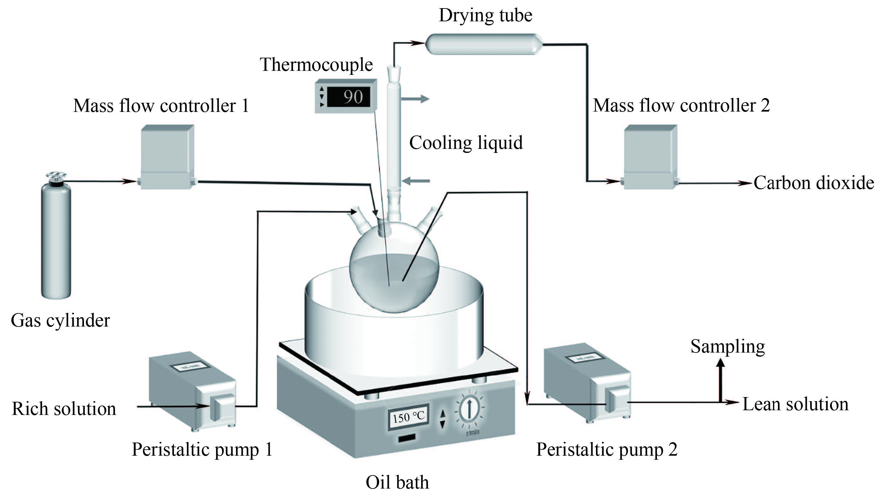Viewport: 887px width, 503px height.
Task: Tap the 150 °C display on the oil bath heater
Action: (409, 417)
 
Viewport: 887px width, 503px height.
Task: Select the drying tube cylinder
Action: (483, 44)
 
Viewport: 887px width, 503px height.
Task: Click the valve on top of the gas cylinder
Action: (56, 176)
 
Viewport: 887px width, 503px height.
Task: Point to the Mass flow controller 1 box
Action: (167, 157)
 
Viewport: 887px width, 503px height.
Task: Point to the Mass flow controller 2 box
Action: (650, 157)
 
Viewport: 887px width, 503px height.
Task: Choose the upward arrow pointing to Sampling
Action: (720, 380)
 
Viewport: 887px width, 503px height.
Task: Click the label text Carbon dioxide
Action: (813, 183)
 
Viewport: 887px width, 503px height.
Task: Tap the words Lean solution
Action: (795, 404)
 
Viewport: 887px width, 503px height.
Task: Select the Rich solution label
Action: (64, 409)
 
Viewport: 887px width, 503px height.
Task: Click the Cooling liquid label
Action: (466, 143)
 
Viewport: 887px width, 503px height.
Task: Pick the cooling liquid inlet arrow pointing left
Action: (416, 181)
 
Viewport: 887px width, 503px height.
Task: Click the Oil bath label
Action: (397, 482)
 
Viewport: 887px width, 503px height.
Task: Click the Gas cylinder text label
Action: (60, 320)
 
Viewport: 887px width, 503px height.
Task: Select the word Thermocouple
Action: (316, 65)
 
